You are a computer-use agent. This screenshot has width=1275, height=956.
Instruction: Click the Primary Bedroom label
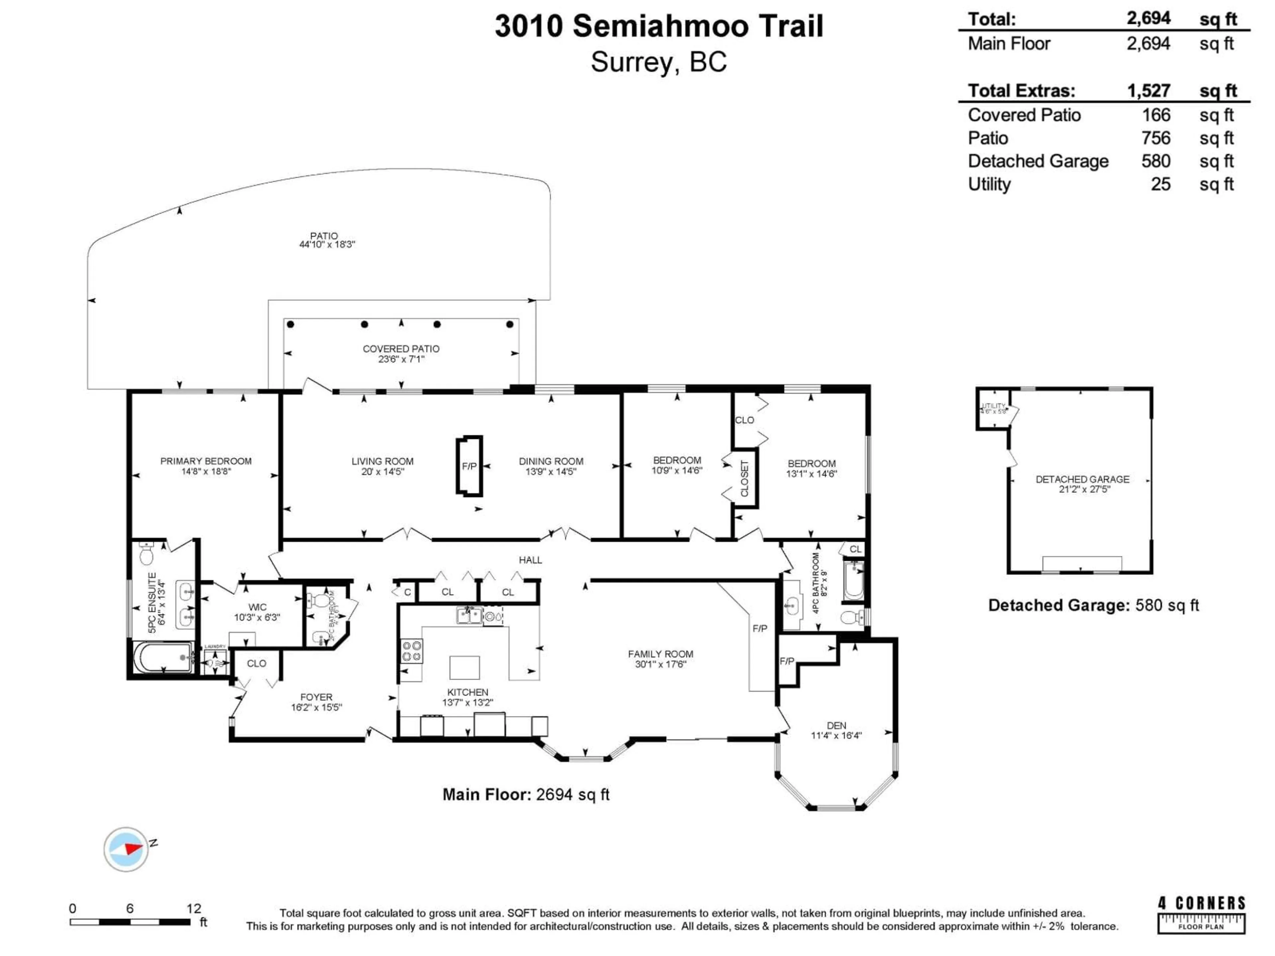click(x=206, y=461)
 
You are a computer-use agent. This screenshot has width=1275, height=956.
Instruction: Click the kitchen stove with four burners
click(x=411, y=651)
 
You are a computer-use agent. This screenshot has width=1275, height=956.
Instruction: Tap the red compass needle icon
click(x=132, y=848)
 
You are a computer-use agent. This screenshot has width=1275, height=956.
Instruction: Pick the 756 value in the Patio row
click(x=1156, y=138)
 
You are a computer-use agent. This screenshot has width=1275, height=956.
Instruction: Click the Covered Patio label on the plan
click(x=401, y=349)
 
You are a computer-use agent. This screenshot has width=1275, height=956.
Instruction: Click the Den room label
click(x=836, y=726)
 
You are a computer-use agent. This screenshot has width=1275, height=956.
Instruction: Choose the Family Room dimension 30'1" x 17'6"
click(x=660, y=664)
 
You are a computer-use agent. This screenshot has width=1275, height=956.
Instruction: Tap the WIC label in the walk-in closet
click(x=257, y=607)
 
